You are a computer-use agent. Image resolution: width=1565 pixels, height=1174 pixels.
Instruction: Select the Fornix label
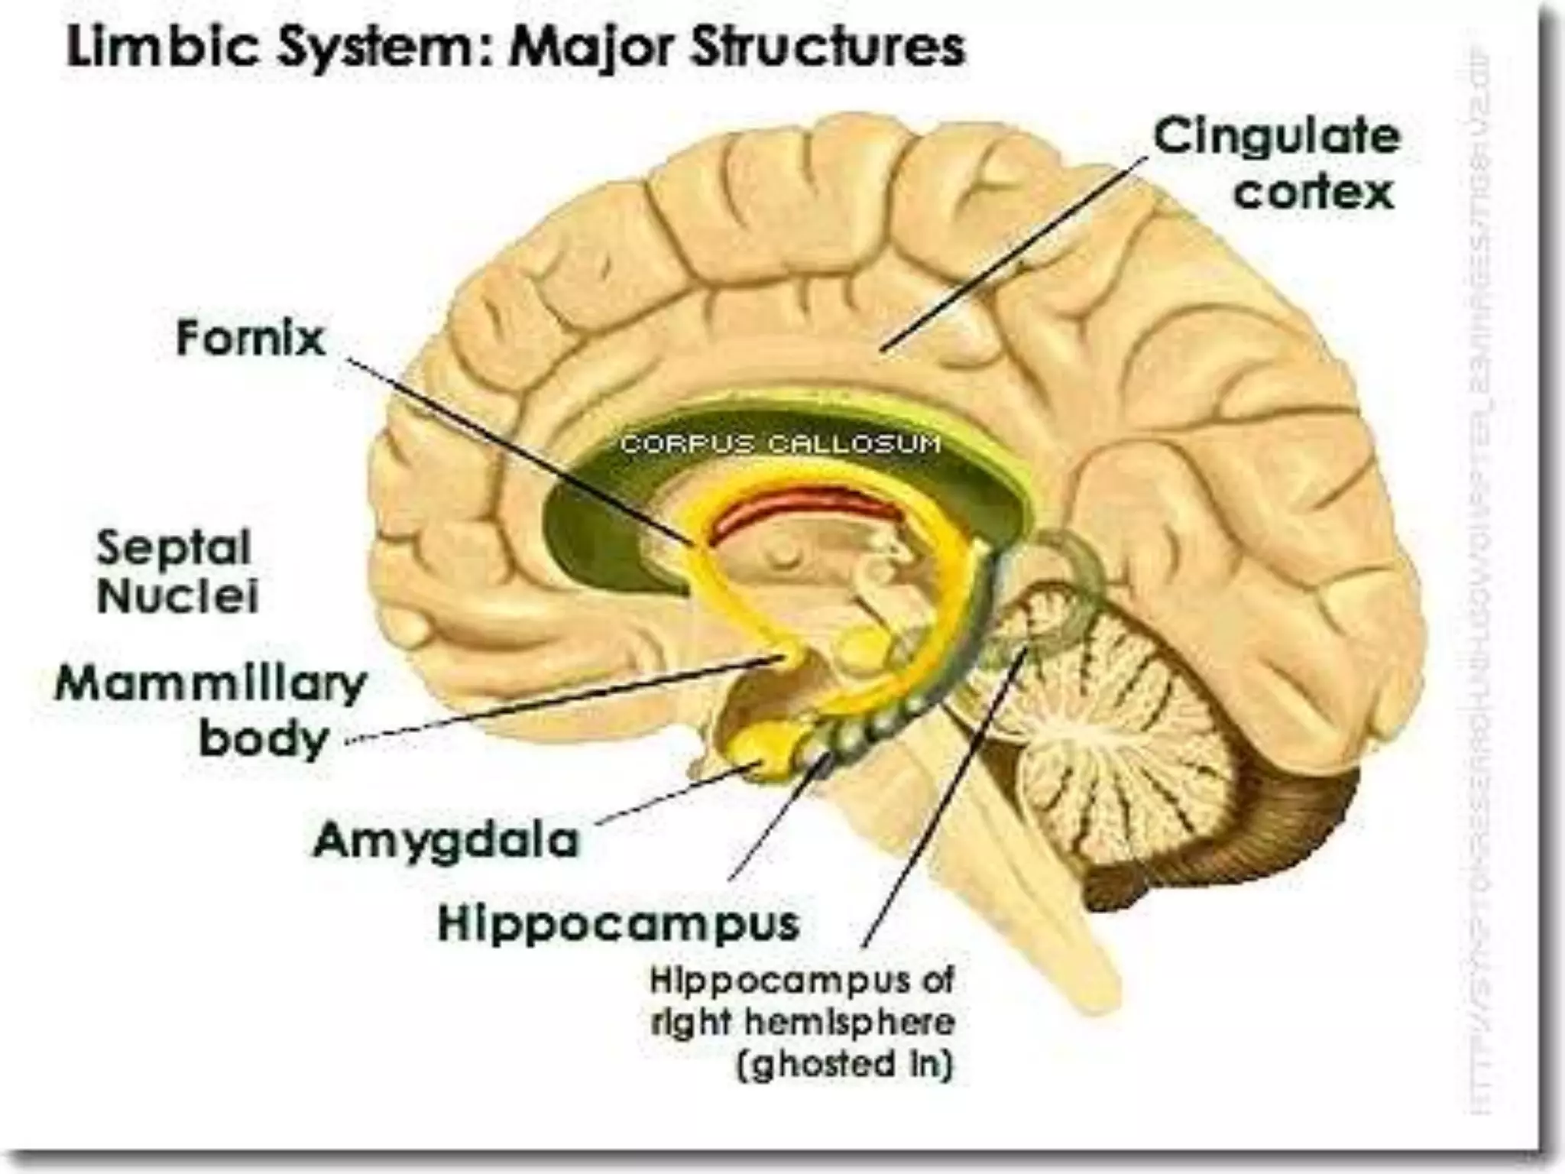coord(251,339)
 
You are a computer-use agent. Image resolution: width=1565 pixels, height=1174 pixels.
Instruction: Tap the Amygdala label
coord(446,841)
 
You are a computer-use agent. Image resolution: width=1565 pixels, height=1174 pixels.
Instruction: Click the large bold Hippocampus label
coord(619,923)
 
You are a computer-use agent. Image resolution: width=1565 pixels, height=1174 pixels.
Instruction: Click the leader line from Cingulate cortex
coord(1016,252)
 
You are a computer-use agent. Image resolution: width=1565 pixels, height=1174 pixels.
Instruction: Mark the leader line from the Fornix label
coord(520,451)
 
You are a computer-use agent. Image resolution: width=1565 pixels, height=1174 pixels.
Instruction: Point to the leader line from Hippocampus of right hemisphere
coord(944,803)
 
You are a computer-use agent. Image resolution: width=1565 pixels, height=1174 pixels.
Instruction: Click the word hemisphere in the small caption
coord(851,1022)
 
